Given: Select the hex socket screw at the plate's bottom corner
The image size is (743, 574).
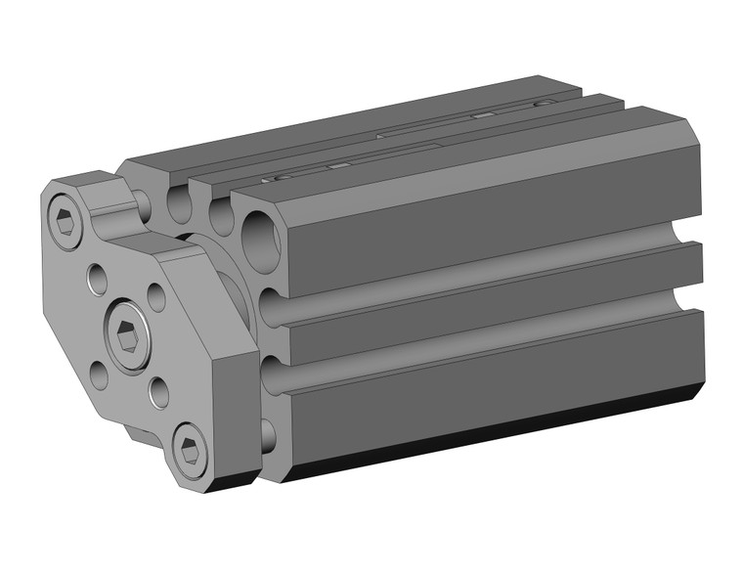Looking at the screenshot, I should point(191,451).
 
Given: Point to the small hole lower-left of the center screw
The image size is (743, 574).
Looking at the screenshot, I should point(100,373).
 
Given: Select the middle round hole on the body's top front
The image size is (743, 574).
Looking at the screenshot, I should point(221,214).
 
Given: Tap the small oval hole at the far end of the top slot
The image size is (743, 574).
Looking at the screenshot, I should point(544,101).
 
